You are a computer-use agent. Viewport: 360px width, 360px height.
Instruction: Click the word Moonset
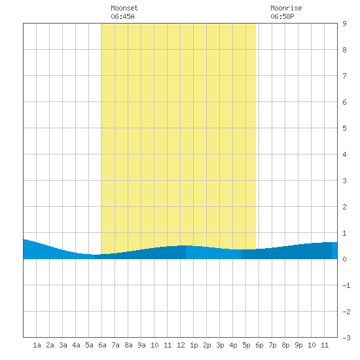coord(124,8)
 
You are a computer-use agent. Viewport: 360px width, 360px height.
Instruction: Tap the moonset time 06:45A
coord(122,16)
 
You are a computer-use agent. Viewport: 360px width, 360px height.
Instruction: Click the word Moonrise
coord(286,8)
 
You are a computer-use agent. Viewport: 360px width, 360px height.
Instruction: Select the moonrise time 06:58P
coord(282,16)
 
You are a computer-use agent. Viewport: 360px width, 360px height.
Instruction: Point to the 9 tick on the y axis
coord(344,24)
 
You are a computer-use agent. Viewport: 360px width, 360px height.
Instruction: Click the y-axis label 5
coord(344,128)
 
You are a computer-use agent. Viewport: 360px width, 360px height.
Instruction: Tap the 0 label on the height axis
coord(344,259)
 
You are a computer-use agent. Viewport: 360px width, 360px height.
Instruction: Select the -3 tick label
coord(346,338)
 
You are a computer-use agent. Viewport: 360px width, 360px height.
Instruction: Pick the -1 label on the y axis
coord(346,285)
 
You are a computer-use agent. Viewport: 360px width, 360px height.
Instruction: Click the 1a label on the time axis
coord(37,345)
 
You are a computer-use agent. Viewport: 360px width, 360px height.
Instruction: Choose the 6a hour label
coord(102,345)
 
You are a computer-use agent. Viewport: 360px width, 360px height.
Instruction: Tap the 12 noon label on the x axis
coord(181,345)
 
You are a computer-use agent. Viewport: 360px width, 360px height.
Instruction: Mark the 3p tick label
coord(220,345)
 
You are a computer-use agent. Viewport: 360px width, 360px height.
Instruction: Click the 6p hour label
coord(259,345)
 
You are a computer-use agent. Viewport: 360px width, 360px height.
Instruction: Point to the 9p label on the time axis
coord(298,345)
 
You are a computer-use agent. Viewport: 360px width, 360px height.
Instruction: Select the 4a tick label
coord(76,345)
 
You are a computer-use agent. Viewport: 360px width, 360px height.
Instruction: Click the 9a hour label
coord(141,345)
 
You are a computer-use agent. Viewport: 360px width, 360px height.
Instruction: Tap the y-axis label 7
coord(344,76)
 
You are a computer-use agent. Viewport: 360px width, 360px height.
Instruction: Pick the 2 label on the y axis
coord(344,207)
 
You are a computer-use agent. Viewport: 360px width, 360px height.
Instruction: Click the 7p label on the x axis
coord(272,345)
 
